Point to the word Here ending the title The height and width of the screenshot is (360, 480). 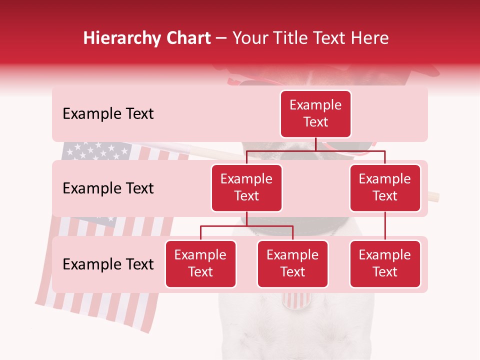(370, 38)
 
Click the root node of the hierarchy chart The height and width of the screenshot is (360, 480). (315, 113)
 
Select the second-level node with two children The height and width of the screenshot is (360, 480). (246, 187)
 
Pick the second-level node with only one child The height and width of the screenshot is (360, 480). (385, 187)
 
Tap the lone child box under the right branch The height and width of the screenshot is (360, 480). (385, 263)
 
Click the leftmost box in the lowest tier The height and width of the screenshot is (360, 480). (200, 263)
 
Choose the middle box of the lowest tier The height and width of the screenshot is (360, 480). (292, 263)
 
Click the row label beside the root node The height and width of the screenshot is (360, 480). (108, 113)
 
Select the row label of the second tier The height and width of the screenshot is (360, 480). (108, 188)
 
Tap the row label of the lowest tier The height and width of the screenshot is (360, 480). (108, 264)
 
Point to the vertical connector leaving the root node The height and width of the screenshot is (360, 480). (315, 144)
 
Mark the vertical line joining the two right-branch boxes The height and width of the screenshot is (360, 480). (385, 226)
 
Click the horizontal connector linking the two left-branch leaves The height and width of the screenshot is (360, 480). (246, 226)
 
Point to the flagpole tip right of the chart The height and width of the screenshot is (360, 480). (433, 196)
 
